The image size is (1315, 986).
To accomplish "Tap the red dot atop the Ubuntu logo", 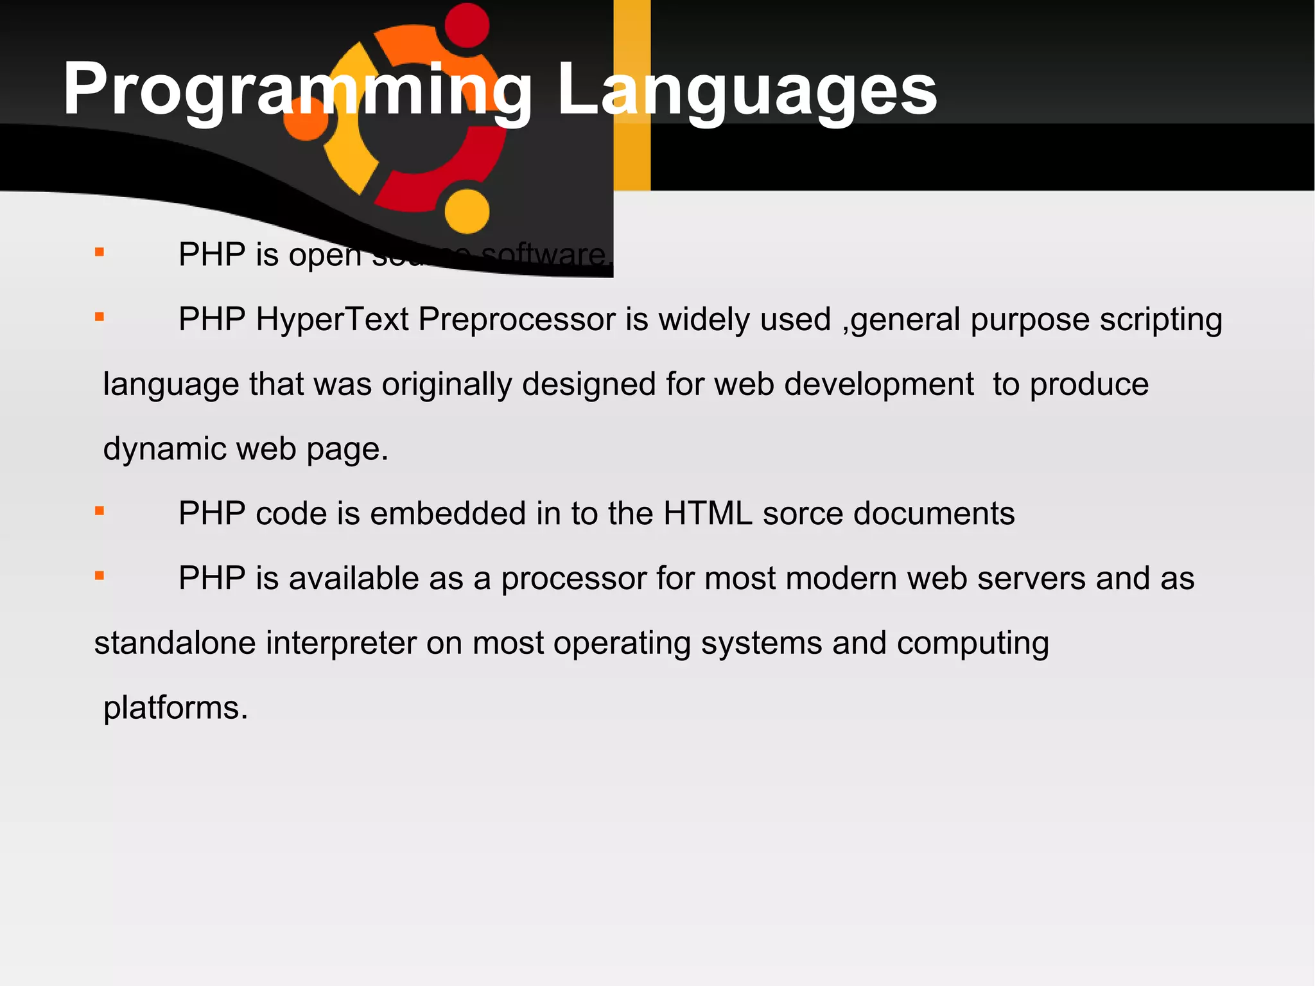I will (467, 25).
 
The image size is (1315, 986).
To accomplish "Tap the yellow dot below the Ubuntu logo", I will (467, 211).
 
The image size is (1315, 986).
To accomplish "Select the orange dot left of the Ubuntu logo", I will (306, 119).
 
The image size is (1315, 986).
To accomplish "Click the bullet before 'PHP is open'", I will (100, 252).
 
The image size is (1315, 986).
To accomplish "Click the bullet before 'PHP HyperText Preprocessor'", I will (100, 317).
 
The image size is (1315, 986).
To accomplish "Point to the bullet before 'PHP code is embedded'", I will (100, 511).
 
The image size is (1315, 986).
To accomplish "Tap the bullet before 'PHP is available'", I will (100, 576).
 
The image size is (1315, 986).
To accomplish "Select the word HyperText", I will (332, 319).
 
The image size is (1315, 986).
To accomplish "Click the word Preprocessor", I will (517, 319).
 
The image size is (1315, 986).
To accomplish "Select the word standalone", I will (175, 643).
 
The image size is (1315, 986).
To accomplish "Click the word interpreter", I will (341, 643).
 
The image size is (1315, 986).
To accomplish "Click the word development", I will (878, 385).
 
